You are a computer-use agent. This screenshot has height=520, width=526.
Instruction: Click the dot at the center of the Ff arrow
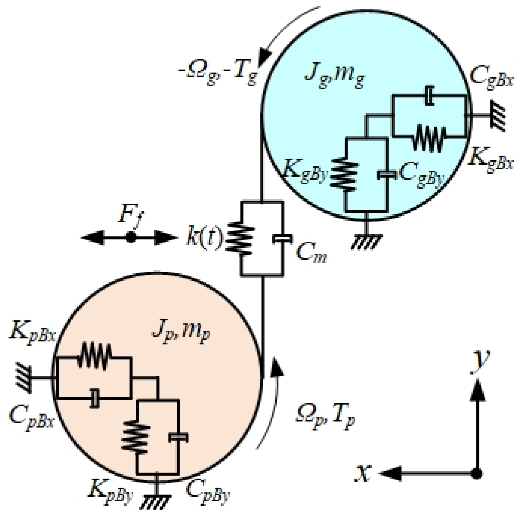click(x=130, y=238)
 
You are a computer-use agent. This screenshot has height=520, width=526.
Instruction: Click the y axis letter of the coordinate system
click(x=480, y=362)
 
